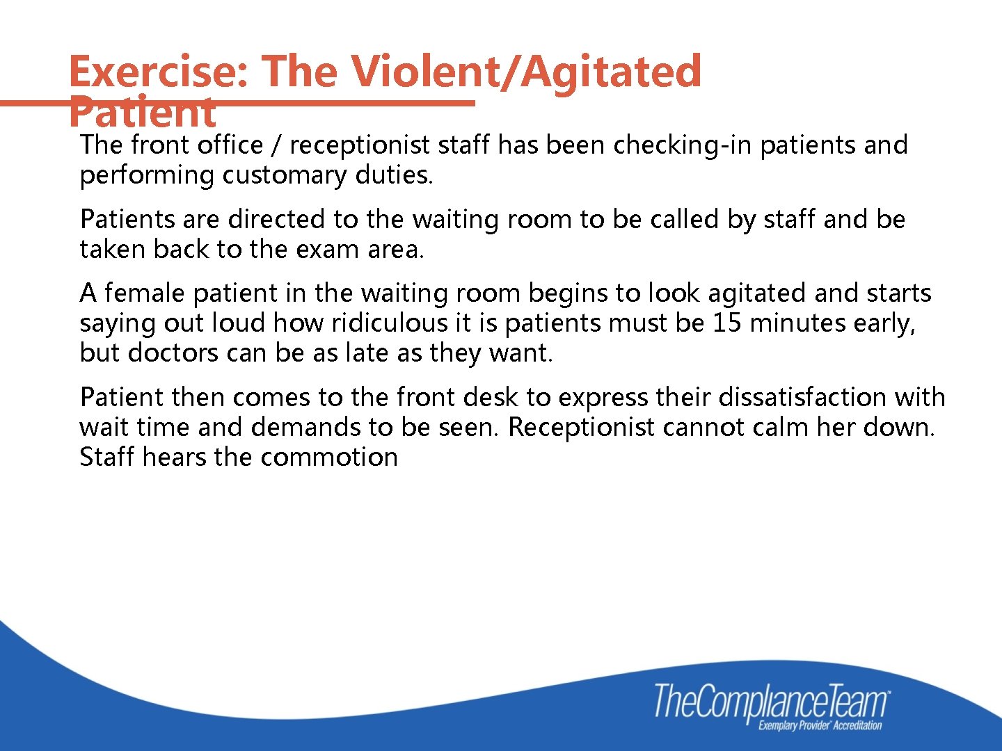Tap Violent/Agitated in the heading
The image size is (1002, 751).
tap(526, 72)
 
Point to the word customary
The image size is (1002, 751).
tap(284, 175)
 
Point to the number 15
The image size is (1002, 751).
tap(727, 323)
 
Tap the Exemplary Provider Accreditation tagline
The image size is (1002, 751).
tap(820, 726)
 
